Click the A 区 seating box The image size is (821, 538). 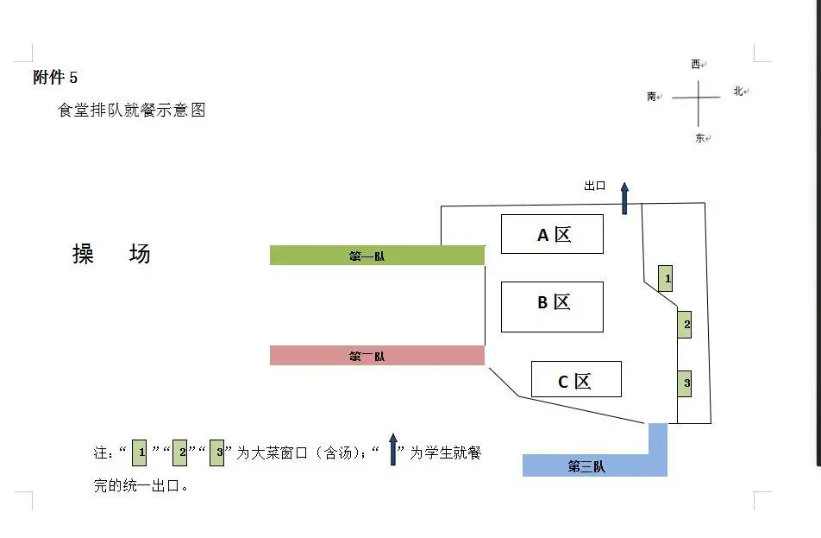[552, 234]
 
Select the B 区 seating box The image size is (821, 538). [552, 307]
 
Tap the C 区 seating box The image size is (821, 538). [576, 379]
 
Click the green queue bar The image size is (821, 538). [377, 255]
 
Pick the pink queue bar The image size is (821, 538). [377, 355]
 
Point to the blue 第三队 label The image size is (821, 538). [586, 467]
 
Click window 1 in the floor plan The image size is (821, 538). [665, 278]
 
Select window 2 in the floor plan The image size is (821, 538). [685, 325]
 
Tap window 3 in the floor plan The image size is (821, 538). [685, 382]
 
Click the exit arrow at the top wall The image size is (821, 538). [624, 197]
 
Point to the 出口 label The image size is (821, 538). [594, 186]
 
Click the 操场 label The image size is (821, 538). [111, 254]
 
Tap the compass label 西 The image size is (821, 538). [696, 64]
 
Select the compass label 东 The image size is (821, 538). [700, 138]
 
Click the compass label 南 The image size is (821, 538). [652, 97]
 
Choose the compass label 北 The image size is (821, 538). [738, 91]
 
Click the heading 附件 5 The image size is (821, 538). [55, 78]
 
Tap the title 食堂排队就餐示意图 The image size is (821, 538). [131, 111]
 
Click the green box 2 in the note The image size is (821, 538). [180, 452]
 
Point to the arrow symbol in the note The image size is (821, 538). [393, 449]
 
